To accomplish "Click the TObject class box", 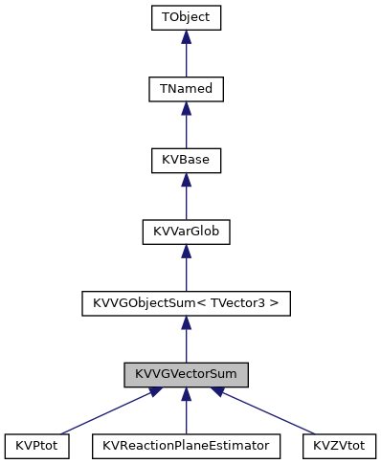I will tap(186, 17).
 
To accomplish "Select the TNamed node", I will tap(186, 89).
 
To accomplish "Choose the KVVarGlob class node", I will tap(186, 232).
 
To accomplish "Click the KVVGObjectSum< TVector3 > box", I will tap(186, 303).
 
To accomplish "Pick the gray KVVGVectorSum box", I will tap(186, 374).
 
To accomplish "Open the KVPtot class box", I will tap(36, 446).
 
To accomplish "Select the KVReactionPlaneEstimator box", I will tap(186, 446).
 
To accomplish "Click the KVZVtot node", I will tap(339, 446).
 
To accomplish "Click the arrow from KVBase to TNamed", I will tap(186, 126).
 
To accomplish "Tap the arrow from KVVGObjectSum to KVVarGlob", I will tap(186, 269).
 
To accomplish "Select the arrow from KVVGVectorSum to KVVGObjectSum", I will tap(186, 340).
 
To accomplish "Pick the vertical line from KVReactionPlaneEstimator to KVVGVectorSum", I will tap(186, 413).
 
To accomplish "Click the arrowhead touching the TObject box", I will tap(186, 36).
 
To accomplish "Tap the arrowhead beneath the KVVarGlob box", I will tap(186, 251).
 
